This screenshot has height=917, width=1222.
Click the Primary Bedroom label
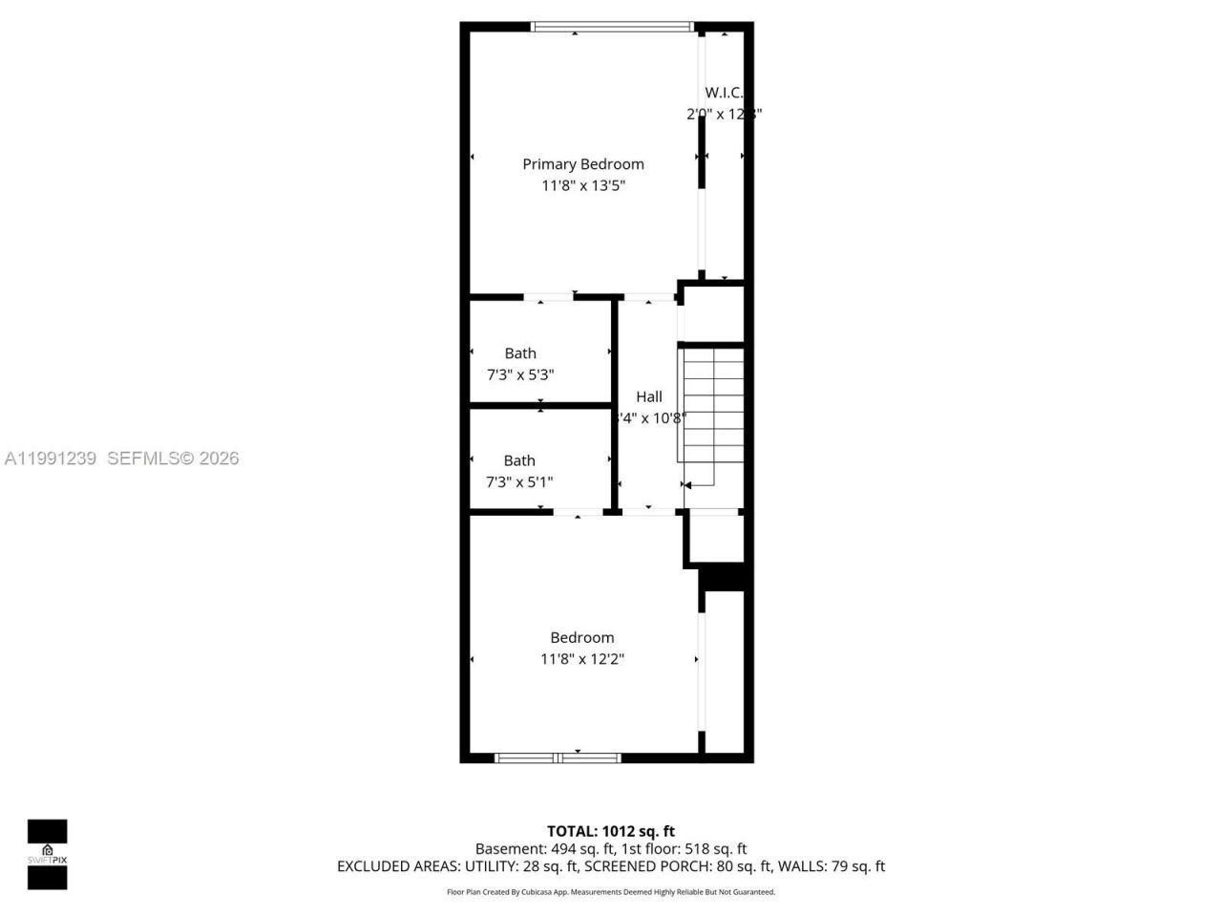(582, 164)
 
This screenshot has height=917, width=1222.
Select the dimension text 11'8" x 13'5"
(582, 186)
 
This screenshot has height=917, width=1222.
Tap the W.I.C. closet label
(723, 93)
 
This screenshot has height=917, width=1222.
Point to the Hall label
(649, 396)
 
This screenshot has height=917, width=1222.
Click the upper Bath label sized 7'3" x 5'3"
(520, 353)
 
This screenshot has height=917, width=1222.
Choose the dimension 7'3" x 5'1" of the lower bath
(519, 482)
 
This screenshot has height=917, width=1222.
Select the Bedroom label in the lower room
(581, 637)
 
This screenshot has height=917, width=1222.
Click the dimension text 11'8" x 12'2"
(581, 659)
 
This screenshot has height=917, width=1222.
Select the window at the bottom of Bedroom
(558, 757)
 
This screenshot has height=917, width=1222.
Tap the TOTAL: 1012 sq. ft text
(610, 831)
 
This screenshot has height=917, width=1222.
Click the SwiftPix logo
(47, 854)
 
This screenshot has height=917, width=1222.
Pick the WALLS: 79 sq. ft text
(832, 866)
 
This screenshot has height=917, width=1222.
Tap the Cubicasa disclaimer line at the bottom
(611, 892)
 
